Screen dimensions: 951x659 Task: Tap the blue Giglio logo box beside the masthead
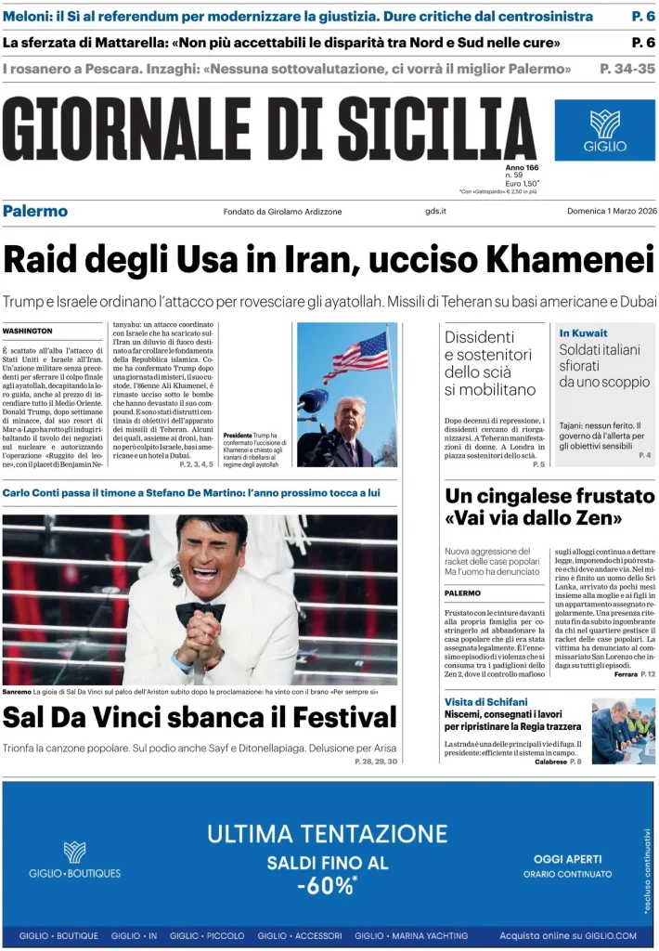point(604,131)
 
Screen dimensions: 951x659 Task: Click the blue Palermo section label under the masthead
point(35,211)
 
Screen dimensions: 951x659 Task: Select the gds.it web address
point(435,212)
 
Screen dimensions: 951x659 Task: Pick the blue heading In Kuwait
point(583,332)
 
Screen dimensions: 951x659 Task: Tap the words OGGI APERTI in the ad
point(567,859)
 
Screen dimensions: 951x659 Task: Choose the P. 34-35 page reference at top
point(627,69)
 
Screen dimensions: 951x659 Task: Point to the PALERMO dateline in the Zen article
point(462,593)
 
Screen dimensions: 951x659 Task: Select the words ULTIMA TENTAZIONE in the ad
point(327,833)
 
